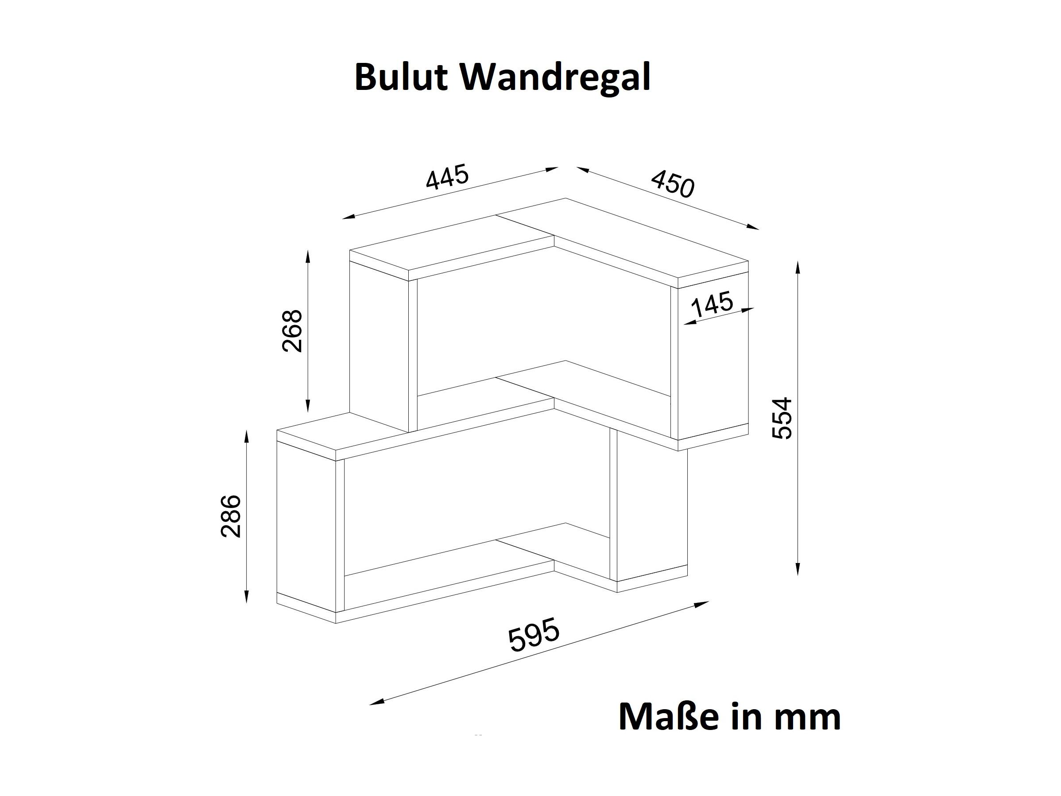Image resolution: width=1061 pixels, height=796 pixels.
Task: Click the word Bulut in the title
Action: pos(402,77)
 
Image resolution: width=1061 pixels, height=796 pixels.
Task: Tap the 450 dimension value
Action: pos(673,184)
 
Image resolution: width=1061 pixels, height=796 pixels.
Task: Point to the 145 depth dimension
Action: pos(712,305)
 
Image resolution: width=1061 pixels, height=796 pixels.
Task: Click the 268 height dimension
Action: pos(292,331)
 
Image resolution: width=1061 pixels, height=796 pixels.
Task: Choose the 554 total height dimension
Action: pos(782,417)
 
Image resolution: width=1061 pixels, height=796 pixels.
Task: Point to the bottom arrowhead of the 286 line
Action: pos(247,595)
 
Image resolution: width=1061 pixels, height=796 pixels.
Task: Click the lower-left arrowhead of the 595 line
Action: pos(377,702)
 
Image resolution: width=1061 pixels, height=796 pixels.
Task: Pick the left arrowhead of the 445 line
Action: pos(350,217)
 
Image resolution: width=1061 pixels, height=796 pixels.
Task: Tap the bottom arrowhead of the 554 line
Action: pos(798,567)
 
